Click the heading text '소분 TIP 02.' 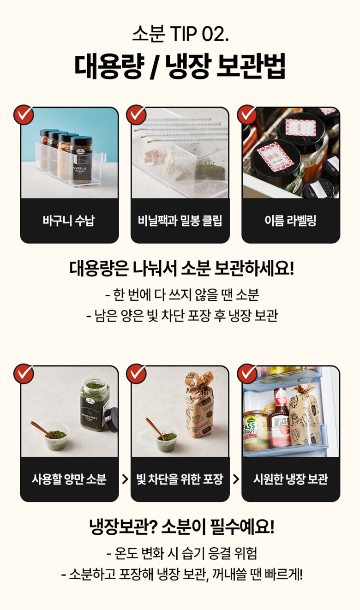[180, 34]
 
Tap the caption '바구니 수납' [69, 220]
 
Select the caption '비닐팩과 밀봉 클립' [180, 220]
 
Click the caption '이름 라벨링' [290, 220]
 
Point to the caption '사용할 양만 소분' [69, 479]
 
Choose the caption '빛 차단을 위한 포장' [180, 479]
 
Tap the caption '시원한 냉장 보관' [291, 479]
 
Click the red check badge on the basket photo [24, 114]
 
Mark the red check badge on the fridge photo [247, 373]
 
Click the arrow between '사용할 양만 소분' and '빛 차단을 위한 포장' [125, 479]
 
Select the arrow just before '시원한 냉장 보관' [236, 479]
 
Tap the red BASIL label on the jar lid [276, 156]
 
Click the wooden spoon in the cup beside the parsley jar [43, 430]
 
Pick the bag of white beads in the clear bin [174, 167]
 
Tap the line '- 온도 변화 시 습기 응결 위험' [182, 553]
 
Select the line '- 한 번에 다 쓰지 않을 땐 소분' [182, 295]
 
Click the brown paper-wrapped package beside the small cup [200, 405]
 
